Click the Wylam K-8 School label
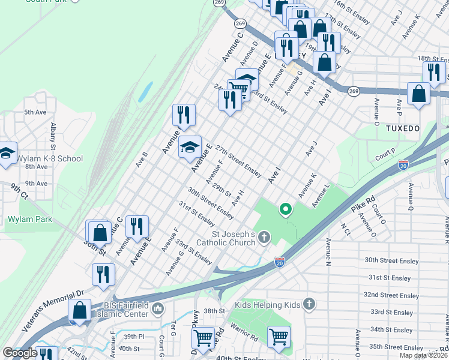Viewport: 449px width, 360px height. pyautogui.click(x=49, y=158)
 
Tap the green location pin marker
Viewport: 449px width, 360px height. pyautogui.click(x=286, y=209)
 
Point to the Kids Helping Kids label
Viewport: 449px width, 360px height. pyautogui.click(x=267, y=305)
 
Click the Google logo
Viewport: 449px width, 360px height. pyautogui.click(x=20, y=353)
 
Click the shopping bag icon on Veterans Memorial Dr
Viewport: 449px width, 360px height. pyautogui.click(x=79, y=311)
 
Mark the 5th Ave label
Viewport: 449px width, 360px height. pyautogui.click(x=35, y=112)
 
